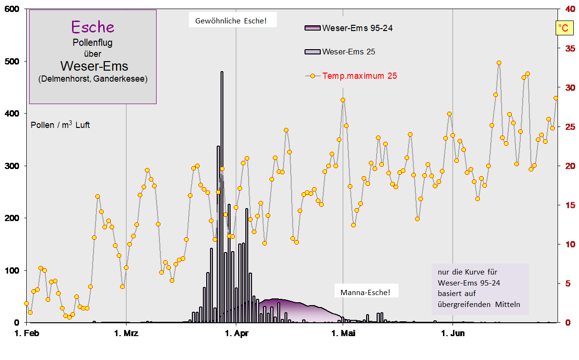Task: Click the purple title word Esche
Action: coord(93,27)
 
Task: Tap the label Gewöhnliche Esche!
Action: coord(231,21)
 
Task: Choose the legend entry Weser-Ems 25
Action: coord(348,52)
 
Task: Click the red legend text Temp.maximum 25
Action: coord(359,75)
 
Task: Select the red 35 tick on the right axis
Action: coord(569,48)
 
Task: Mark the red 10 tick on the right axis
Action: coord(569,244)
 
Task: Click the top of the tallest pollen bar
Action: coord(222,72)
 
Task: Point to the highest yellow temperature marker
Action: coord(499,63)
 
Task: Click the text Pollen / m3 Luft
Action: coord(60,125)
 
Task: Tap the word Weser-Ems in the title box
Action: coord(94,65)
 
